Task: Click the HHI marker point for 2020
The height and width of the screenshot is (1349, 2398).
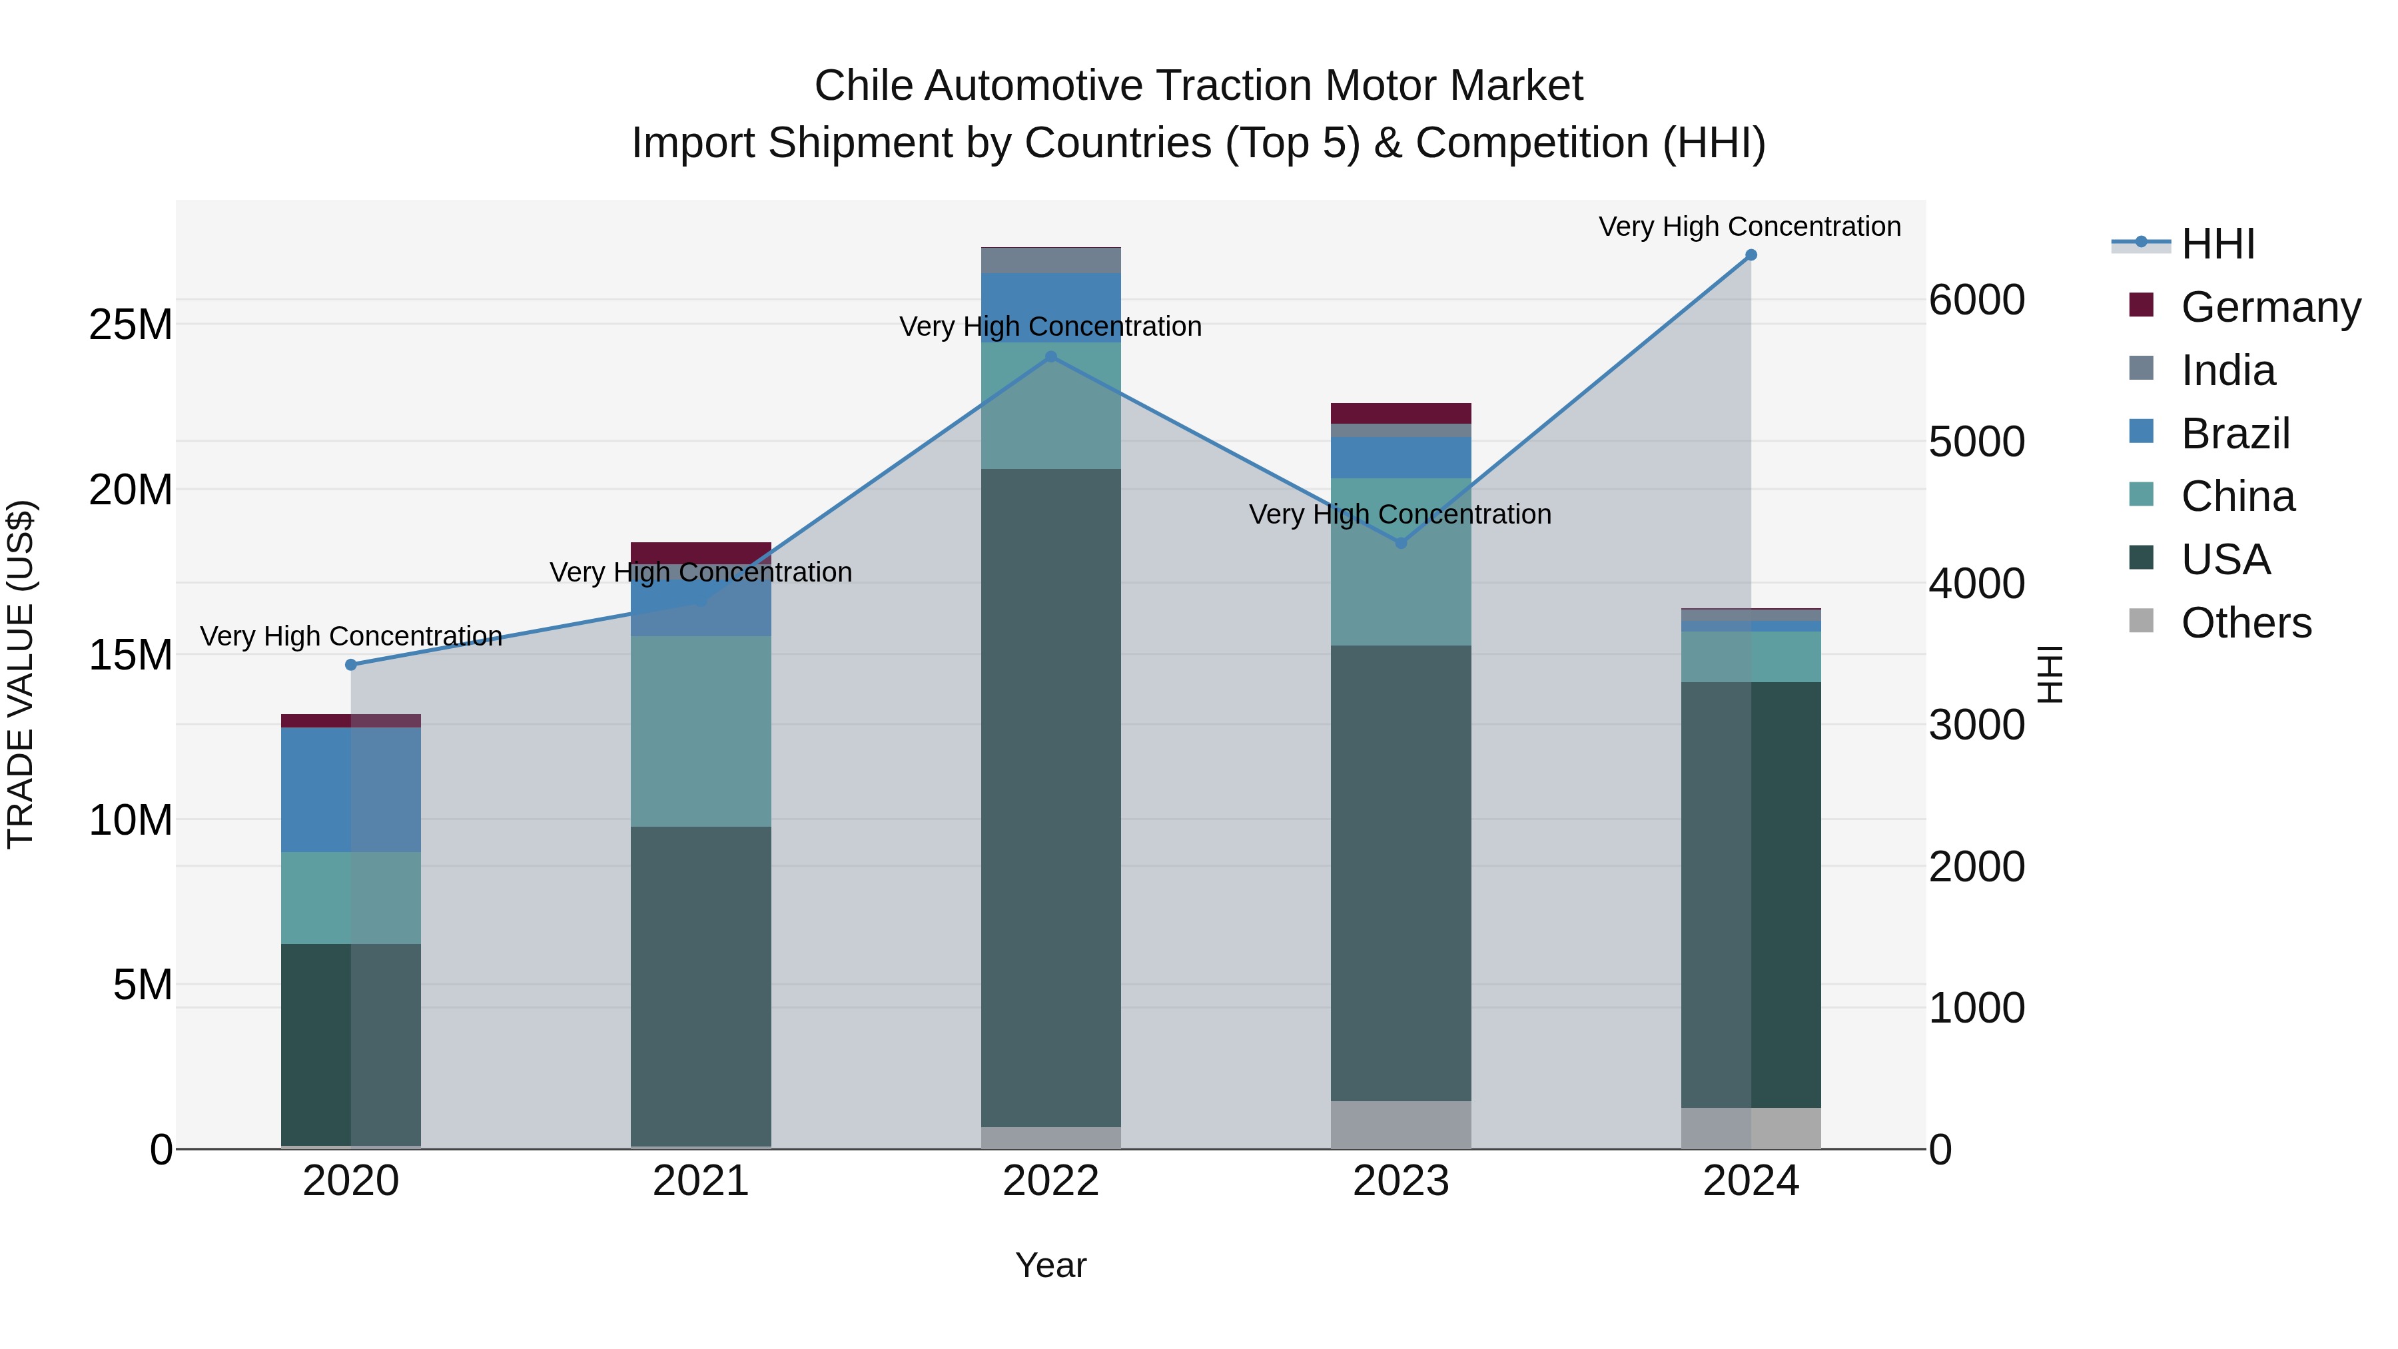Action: (x=351, y=665)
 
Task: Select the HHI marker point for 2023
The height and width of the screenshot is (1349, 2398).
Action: (x=1401, y=543)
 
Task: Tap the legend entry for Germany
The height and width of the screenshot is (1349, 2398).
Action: (x=2269, y=307)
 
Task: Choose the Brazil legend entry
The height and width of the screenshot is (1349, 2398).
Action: (x=2234, y=434)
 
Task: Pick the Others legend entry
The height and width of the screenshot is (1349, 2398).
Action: (x=2245, y=623)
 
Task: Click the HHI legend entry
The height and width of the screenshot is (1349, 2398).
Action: (x=2217, y=244)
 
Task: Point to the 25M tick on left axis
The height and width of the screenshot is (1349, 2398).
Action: (x=131, y=326)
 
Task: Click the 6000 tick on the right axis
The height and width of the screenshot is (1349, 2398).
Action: (x=1976, y=300)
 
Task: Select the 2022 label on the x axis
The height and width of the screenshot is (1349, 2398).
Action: (x=1051, y=1181)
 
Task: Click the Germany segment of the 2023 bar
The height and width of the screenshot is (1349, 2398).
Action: (x=1401, y=413)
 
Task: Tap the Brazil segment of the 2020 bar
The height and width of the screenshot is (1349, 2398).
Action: (x=351, y=789)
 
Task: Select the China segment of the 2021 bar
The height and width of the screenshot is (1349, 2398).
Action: (x=701, y=731)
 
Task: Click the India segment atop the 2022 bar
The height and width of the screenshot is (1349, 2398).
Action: (x=1051, y=260)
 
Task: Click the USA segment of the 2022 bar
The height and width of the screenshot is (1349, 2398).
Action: (x=1051, y=798)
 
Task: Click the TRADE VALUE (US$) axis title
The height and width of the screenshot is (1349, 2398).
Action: (x=21, y=674)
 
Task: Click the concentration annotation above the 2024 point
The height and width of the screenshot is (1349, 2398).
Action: (x=1749, y=227)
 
